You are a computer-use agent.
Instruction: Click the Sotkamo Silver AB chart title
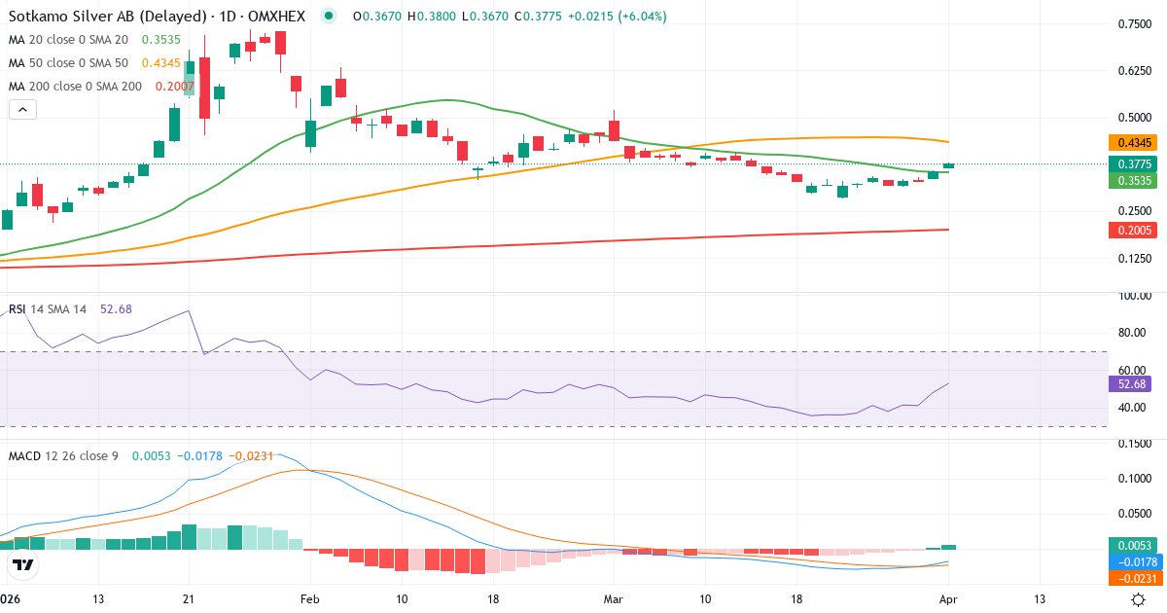coord(160,16)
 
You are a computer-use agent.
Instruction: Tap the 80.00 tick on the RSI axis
coord(1133,333)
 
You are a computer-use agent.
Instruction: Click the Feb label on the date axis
coord(310,598)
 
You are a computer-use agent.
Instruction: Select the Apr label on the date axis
coord(949,598)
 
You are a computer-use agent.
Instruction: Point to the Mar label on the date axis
coord(614,598)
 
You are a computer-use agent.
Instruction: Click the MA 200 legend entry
coord(76,86)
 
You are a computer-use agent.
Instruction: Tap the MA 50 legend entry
coord(68,62)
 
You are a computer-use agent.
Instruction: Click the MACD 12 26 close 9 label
coord(63,455)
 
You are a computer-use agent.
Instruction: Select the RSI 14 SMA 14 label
coord(48,309)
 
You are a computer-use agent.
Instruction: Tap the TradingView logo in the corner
coord(23,564)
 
